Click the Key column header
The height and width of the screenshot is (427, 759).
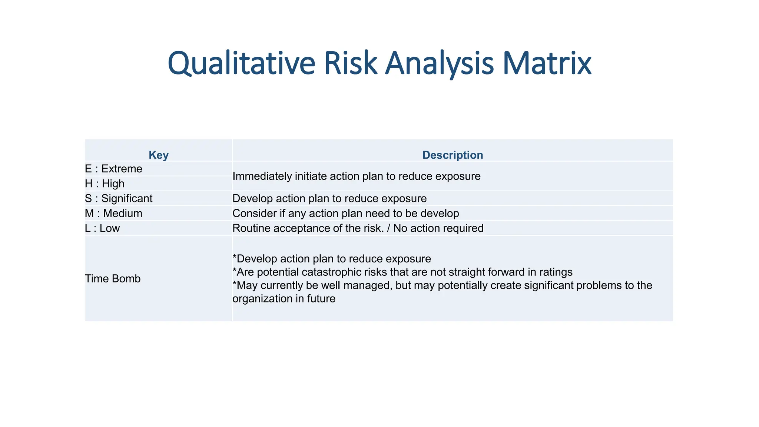click(159, 155)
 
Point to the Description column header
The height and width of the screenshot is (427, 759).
click(453, 155)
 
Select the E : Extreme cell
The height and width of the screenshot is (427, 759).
click(113, 169)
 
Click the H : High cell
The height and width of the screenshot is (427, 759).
click(105, 184)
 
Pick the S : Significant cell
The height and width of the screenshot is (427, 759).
click(119, 199)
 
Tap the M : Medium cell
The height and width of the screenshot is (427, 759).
click(113, 213)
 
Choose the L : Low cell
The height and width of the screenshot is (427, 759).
click(102, 228)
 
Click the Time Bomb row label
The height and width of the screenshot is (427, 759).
click(113, 279)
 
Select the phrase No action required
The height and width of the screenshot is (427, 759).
click(438, 228)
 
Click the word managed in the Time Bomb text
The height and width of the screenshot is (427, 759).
click(367, 285)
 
